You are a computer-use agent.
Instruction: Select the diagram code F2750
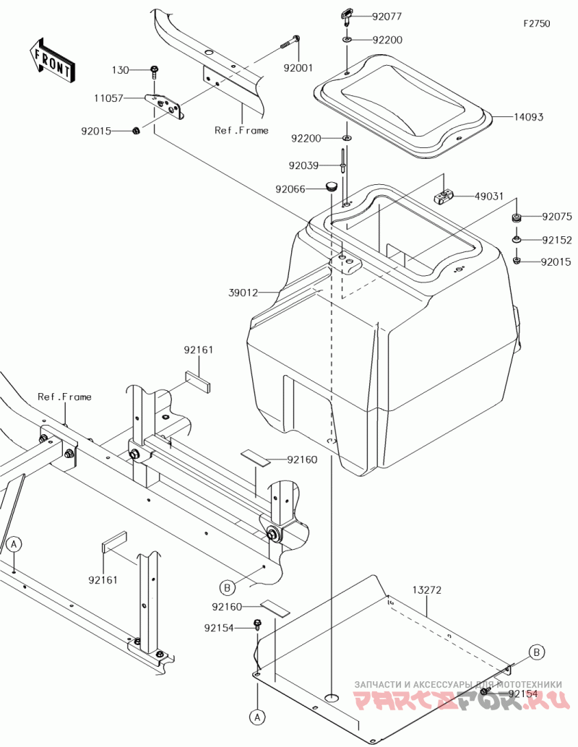(537, 23)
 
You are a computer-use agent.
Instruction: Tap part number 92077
(387, 15)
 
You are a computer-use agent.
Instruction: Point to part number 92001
(298, 68)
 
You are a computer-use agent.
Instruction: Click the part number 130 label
(119, 70)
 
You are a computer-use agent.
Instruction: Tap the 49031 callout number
(488, 196)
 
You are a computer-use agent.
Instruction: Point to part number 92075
(556, 216)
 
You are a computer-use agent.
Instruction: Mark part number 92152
(556, 240)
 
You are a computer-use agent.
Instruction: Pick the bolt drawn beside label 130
(154, 72)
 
